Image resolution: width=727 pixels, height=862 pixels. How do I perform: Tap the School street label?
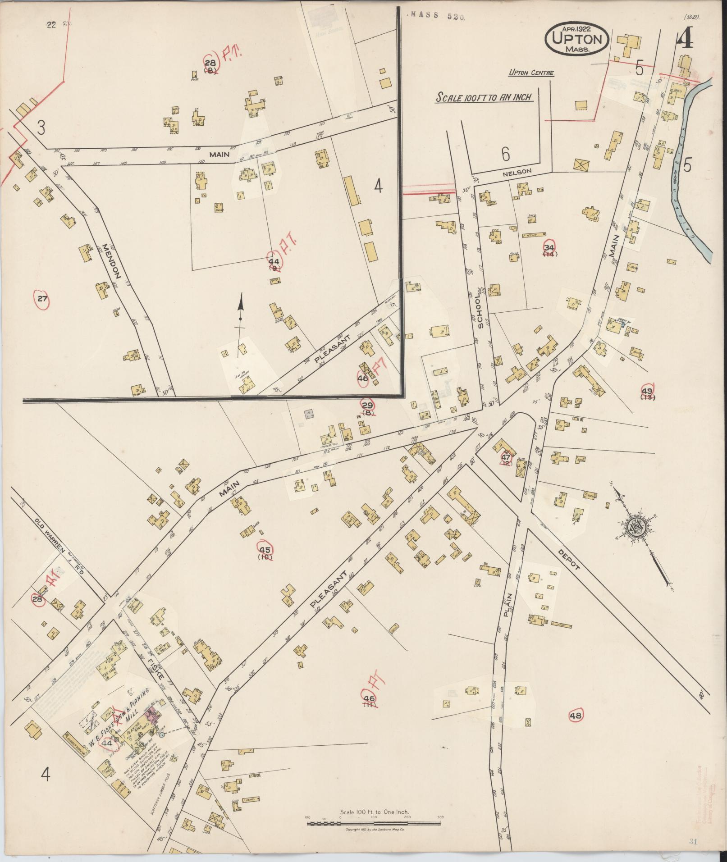(x=480, y=315)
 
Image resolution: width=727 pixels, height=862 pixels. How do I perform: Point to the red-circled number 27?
(x=42, y=299)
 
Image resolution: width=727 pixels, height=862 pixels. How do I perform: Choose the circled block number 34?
(x=549, y=247)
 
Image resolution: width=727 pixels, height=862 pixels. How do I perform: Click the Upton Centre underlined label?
(x=531, y=73)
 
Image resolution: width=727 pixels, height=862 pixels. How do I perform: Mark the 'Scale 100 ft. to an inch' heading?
(x=484, y=97)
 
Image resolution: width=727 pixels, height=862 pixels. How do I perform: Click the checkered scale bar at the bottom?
(x=374, y=823)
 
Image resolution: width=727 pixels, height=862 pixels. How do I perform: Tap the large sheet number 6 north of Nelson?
(x=505, y=155)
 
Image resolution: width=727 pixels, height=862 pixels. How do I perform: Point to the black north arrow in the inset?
(x=241, y=310)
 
